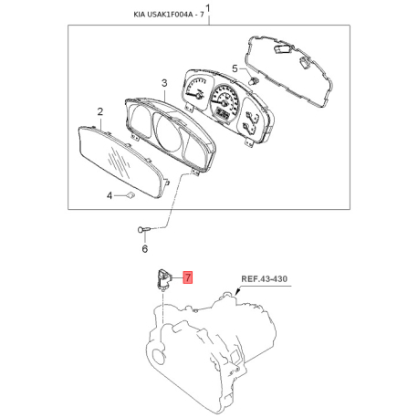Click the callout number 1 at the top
209,7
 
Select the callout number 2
100,111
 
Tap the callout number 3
164,83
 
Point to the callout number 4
110,195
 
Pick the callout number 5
235,68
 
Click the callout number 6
145,249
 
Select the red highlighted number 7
188,277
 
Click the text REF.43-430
264,278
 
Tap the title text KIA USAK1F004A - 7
168,15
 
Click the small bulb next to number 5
253,81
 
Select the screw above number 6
144,229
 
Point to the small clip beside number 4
131,194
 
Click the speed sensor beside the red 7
163,279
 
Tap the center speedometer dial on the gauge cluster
225,102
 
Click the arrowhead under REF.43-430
237,292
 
